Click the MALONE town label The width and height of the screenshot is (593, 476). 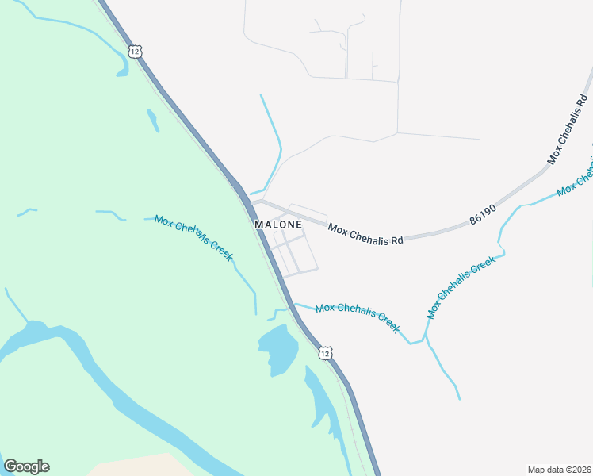point(278,225)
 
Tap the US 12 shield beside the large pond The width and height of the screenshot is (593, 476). point(325,352)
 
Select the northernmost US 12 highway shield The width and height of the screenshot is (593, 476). point(136,51)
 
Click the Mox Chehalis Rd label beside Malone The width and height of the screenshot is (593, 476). point(365,234)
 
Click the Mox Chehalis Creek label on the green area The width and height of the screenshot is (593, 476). point(193,238)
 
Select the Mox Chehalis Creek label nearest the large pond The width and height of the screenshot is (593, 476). point(358,317)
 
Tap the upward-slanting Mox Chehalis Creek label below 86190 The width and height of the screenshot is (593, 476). point(461,286)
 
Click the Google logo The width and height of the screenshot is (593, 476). point(26,466)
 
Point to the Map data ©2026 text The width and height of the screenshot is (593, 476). point(558,470)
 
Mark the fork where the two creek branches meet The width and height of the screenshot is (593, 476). point(425,337)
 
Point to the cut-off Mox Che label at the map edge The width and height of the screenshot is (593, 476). point(576,179)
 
